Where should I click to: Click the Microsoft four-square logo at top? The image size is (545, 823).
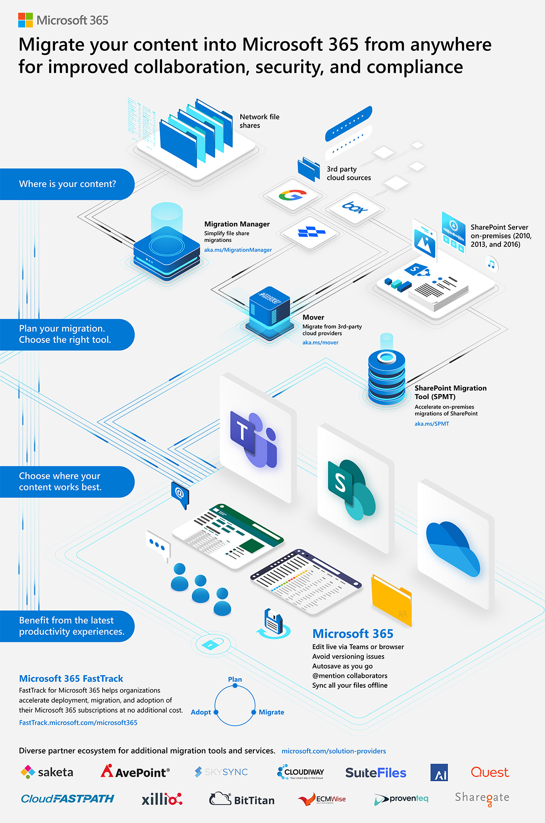25,20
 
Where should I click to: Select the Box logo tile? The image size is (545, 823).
355,208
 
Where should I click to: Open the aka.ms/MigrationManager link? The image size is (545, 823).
238,250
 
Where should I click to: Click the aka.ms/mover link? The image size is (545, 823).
320,343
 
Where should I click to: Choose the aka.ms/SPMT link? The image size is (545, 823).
431,424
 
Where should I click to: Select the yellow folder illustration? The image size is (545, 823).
391,599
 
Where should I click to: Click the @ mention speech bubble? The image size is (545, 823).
180,493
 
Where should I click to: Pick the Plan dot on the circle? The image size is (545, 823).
235,685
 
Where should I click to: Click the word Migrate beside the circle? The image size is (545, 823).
271,712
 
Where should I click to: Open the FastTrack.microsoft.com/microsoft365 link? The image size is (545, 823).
78,723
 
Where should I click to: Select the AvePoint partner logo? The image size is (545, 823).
135,772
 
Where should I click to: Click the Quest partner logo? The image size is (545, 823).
490,772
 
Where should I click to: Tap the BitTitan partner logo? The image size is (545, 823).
242,799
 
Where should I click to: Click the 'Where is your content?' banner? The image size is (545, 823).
67,184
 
